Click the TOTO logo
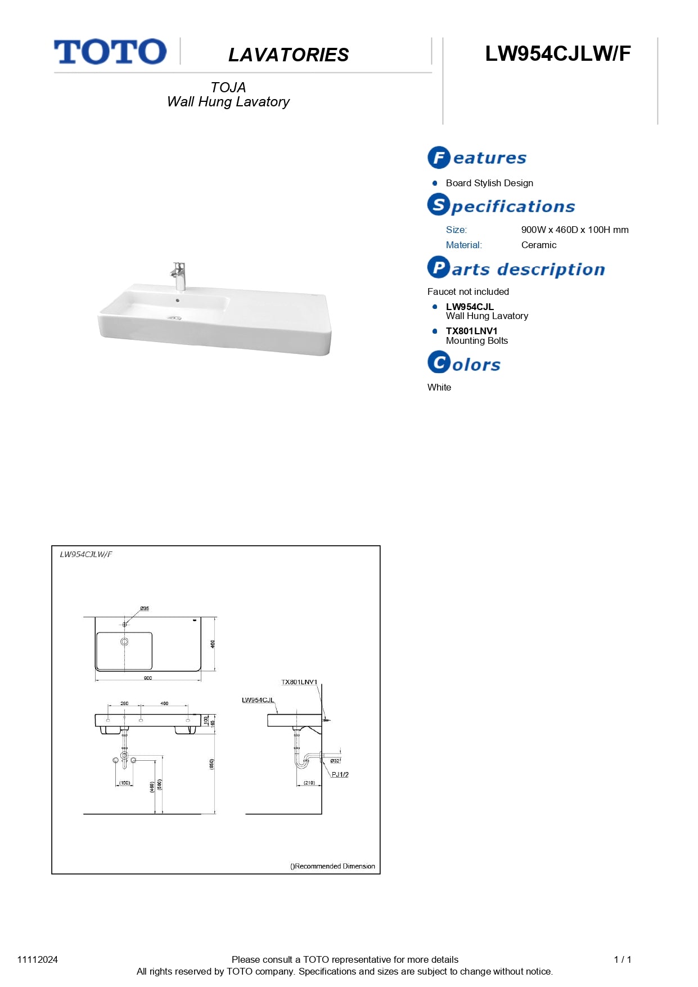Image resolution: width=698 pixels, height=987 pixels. click(x=110, y=52)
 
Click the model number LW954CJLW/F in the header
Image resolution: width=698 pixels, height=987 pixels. click(x=557, y=53)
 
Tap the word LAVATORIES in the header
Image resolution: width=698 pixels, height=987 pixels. click(x=289, y=55)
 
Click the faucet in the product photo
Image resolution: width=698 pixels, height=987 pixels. click(x=179, y=276)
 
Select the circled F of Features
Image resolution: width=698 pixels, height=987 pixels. click(x=439, y=158)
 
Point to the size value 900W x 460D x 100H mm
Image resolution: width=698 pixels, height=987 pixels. click(x=574, y=230)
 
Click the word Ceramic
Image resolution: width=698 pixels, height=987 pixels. click(x=538, y=245)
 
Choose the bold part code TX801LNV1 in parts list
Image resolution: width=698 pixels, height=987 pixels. click(x=471, y=331)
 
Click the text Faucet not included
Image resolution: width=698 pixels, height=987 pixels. click(x=468, y=291)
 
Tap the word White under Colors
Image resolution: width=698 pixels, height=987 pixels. click(x=439, y=387)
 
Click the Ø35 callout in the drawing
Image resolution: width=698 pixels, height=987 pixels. click(x=145, y=608)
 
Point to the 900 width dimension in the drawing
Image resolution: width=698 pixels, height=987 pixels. click(x=147, y=678)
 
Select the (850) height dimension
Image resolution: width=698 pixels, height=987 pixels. click(x=211, y=764)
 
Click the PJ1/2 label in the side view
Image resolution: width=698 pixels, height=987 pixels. click(x=340, y=775)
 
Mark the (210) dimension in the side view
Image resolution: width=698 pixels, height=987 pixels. click(x=309, y=783)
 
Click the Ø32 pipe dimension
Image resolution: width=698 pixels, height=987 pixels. click(x=335, y=761)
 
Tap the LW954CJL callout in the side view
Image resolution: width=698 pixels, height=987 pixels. click(x=258, y=700)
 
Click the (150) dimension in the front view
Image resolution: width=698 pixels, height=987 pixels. click(x=124, y=783)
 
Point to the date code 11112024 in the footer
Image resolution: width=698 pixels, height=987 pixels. click(x=38, y=959)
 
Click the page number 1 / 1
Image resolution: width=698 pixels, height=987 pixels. click(x=622, y=959)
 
